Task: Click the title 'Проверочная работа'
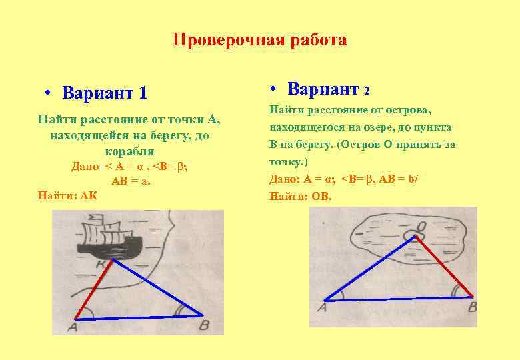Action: coord(259,40)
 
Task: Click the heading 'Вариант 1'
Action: coord(104,92)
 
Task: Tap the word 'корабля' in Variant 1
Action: coord(130,151)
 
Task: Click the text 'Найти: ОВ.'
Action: coord(300,196)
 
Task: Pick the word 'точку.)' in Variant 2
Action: coord(289,161)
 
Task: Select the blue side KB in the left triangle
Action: coord(158,287)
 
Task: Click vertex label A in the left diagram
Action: coord(72,328)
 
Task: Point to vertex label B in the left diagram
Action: coord(204,325)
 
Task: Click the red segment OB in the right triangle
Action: coord(447,267)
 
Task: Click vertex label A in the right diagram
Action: coord(322,307)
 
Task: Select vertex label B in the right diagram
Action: coord(472,307)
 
